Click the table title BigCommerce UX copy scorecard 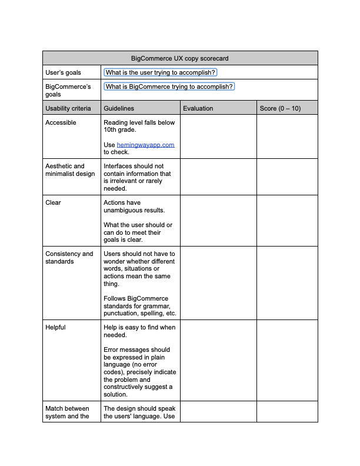pyautogui.click(x=180, y=58)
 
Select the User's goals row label pyautogui.click(x=64, y=72)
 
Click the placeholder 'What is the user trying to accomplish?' pyautogui.click(x=161, y=72)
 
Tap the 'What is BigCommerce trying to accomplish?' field pyautogui.click(x=169, y=86)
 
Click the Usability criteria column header pyautogui.click(x=68, y=108)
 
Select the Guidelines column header pyautogui.click(x=119, y=108)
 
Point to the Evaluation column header pyautogui.click(x=198, y=108)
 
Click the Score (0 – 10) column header pyautogui.click(x=280, y=108)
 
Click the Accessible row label pyautogui.click(x=61, y=122)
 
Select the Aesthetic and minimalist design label pyautogui.click(x=69, y=170)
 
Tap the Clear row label pyautogui.click(x=53, y=202)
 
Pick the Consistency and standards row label pyautogui.click(x=69, y=258)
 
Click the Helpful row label pyautogui.click(x=55, y=327)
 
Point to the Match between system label pyautogui.click(x=66, y=412)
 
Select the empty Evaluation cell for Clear pyautogui.click(x=218, y=221)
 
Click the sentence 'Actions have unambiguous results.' pyautogui.click(x=134, y=207)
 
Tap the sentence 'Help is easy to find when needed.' pyautogui.click(x=139, y=331)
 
